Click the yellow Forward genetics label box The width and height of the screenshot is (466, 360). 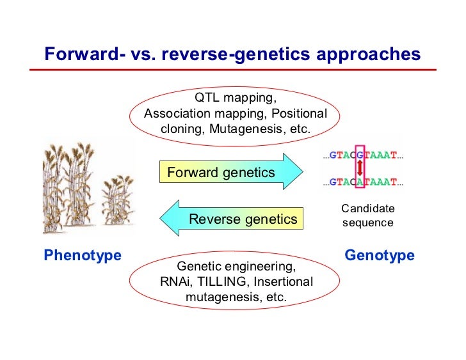point(220,172)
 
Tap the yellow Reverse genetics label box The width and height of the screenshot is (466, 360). point(243,219)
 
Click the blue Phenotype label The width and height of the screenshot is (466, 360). point(83,256)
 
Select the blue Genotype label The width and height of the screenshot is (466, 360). point(380,256)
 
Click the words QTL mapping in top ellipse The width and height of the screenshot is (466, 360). point(235,99)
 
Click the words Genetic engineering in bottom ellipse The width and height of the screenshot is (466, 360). point(236,266)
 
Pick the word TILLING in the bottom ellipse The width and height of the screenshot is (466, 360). point(225,281)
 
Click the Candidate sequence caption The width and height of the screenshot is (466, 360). point(367,215)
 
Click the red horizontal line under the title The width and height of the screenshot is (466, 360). point(233,70)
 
